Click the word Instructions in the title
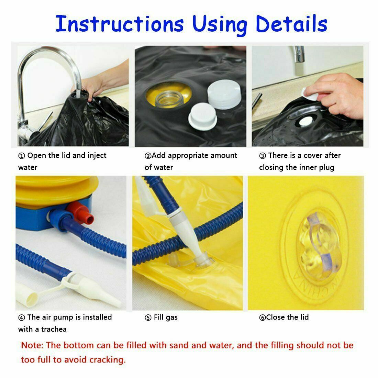pos(120,24)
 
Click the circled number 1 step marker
pos(21,156)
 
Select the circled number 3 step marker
pos(263,156)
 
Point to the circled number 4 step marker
pos(21,318)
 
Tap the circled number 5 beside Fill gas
pos(148,318)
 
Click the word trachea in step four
pos(54,329)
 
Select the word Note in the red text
pos(32,345)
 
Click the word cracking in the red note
pos(108,360)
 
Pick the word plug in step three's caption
pos(327,168)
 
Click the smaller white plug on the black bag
pos(202,116)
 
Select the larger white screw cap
pos(224,94)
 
